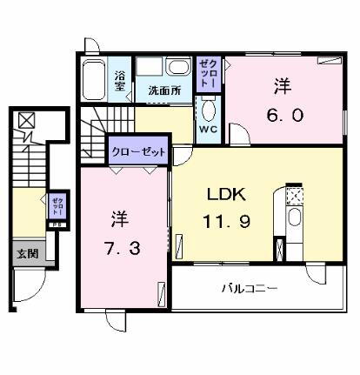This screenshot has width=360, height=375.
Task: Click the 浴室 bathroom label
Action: (x=120, y=79)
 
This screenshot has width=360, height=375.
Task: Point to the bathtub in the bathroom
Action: (x=96, y=80)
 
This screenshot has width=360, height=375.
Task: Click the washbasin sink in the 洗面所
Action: (x=178, y=69)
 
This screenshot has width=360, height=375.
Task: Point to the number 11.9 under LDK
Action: (x=228, y=222)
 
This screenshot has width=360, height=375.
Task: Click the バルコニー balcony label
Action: (x=249, y=288)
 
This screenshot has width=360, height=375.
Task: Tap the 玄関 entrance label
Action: (x=26, y=254)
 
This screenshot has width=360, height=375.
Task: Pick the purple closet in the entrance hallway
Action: (x=57, y=208)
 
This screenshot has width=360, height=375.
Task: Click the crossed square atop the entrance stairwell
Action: (x=28, y=121)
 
